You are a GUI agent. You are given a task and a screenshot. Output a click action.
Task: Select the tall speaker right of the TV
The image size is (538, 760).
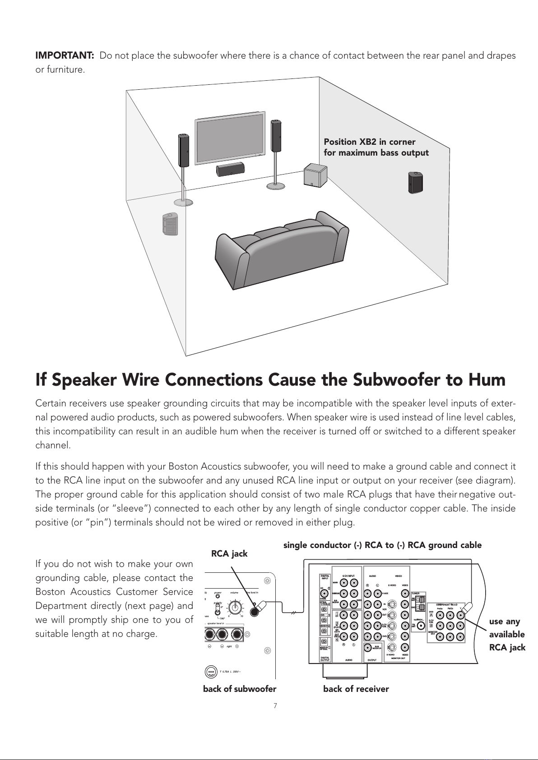tap(275, 135)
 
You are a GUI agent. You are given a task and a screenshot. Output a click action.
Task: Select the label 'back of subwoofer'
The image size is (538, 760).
tap(240, 689)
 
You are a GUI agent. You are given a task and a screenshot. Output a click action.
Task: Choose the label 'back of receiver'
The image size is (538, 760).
tap(356, 689)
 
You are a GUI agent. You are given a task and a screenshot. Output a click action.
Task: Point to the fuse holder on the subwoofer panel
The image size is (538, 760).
tap(211, 672)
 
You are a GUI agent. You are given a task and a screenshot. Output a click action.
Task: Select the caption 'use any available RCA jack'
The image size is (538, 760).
tap(507, 634)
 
